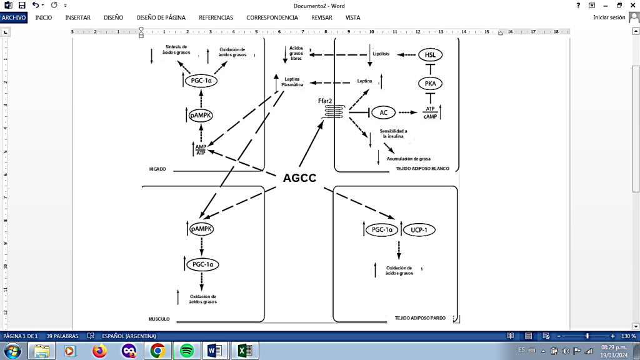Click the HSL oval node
[430, 55]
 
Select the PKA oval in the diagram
[430, 83]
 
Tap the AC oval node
[384, 112]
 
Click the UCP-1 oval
[419, 230]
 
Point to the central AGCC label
[299, 178]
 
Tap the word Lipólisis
[381, 54]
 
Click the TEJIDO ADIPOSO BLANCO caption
[422, 169]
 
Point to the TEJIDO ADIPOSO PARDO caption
[420, 318]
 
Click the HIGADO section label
[157, 169]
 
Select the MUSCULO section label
[159, 319]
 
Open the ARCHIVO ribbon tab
[14, 17]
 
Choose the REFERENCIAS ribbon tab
[216, 17]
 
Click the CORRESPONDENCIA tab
[272, 17]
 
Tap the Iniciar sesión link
[609, 17]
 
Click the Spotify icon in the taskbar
[186, 351]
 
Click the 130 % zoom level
[627, 336]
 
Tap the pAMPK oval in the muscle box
[201, 229]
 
